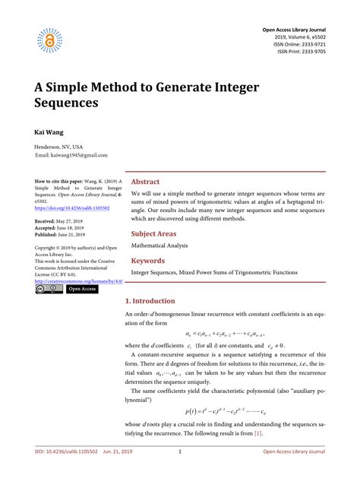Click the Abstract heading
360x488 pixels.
point(146,182)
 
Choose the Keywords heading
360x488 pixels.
point(149,260)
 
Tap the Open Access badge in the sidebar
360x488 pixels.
point(82,290)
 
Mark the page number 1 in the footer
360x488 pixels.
point(180,474)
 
